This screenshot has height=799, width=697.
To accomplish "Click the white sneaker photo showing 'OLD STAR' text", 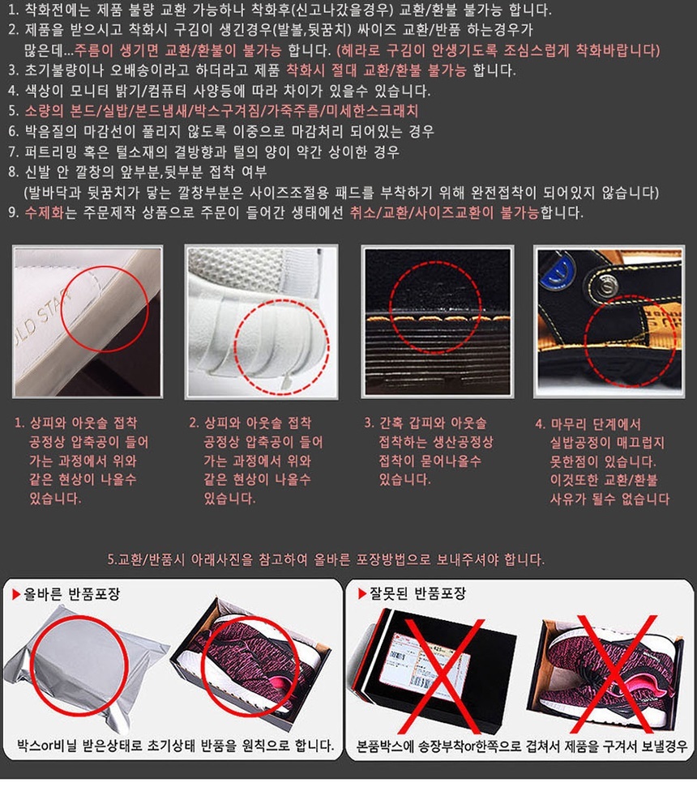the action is coord(88,321).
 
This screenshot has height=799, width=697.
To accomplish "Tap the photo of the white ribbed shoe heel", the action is coord(261,321).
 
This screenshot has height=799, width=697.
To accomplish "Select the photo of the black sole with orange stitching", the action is coord(438,321).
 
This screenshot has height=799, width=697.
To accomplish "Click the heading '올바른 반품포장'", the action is coord(72,593).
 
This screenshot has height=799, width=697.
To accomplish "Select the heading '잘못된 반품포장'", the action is coord(417,593).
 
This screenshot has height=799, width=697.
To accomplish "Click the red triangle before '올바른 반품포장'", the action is coord(16,594).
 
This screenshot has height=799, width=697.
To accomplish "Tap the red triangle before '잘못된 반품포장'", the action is coord(361,593).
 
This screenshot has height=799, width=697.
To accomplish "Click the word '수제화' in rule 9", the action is coord(44,212).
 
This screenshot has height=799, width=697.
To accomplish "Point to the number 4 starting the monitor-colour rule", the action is coord(12,91).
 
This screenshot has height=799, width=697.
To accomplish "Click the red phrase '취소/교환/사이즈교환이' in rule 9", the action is coord(422,212).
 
